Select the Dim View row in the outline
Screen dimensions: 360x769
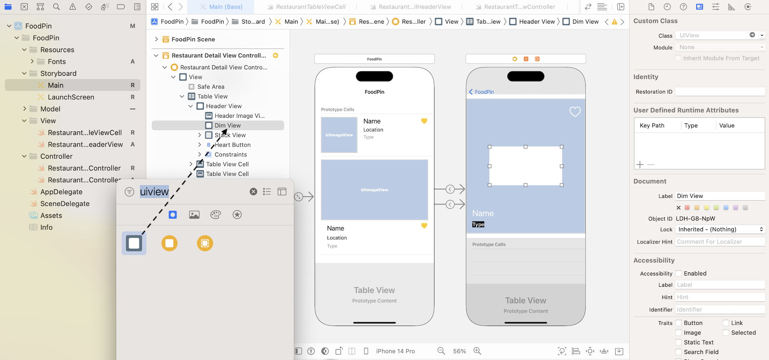[x=227, y=125]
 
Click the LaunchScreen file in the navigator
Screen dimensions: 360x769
[x=70, y=97]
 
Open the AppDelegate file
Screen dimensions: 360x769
[x=61, y=192]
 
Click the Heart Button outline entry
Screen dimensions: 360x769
[x=232, y=145]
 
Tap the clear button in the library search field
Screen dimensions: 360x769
[x=253, y=192]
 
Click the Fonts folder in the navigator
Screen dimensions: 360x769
[x=56, y=61]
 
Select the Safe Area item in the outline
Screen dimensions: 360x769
[x=211, y=86]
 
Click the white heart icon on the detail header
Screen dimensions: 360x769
[x=575, y=112]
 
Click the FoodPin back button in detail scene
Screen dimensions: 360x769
[x=481, y=92]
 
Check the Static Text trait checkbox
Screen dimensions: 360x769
[x=678, y=342]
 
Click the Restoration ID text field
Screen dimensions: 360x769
[x=720, y=92]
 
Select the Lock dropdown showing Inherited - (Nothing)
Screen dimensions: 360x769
[x=720, y=229]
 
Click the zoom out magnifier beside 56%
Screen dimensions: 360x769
[x=441, y=351]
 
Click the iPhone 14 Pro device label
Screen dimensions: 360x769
[x=395, y=351]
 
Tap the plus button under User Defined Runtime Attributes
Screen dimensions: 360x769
[x=640, y=165]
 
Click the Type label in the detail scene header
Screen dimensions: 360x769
[x=478, y=225]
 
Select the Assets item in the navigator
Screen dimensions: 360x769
[x=51, y=215]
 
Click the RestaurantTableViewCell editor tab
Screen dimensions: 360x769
[x=310, y=7]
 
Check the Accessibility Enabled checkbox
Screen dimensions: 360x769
[x=678, y=274]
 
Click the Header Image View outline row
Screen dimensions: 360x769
[x=239, y=116]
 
